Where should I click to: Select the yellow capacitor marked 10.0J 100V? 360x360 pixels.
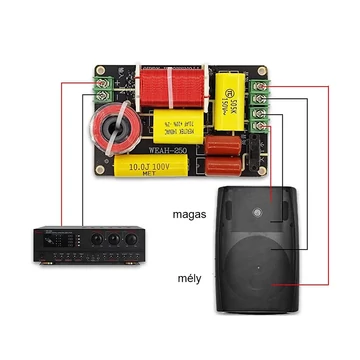point(147,166)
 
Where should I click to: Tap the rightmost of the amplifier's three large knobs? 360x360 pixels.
point(128,241)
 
